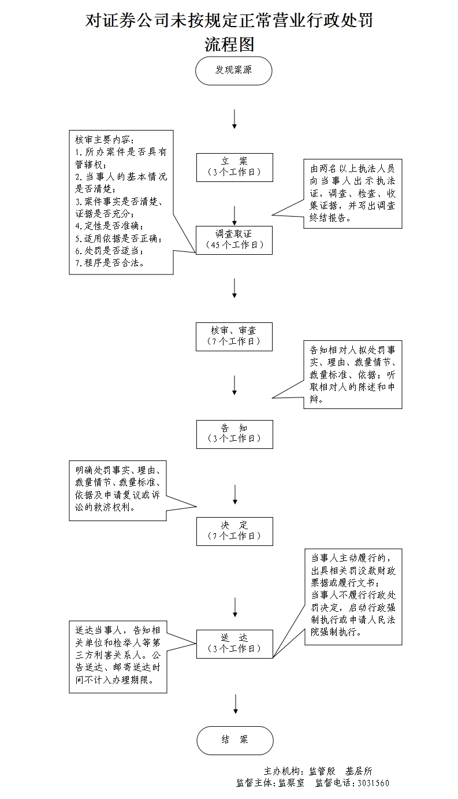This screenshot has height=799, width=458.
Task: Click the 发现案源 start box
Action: pos(234,70)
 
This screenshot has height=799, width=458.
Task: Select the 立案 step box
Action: pos(234,167)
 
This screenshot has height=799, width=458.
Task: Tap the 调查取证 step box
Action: pos(234,240)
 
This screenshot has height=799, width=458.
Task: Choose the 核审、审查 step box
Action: pos(234,336)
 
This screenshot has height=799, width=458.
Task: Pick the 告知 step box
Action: pos(234,433)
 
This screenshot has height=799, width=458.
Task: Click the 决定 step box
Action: pos(234,531)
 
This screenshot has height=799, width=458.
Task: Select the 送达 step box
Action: pos(234,643)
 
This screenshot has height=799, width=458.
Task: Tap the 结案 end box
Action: pos(234,740)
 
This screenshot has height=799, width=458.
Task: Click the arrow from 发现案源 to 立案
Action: pos(234,118)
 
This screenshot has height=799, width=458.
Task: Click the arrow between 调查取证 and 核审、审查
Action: pos(234,288)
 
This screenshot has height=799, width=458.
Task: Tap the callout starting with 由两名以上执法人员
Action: pos(352,194)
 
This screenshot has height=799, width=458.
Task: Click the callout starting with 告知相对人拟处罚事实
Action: pos(352,374)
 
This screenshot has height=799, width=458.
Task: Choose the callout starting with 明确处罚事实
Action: pos(118,489)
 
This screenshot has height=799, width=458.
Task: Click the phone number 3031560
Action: pos(373,783)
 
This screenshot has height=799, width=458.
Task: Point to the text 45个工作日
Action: pos(234,245)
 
